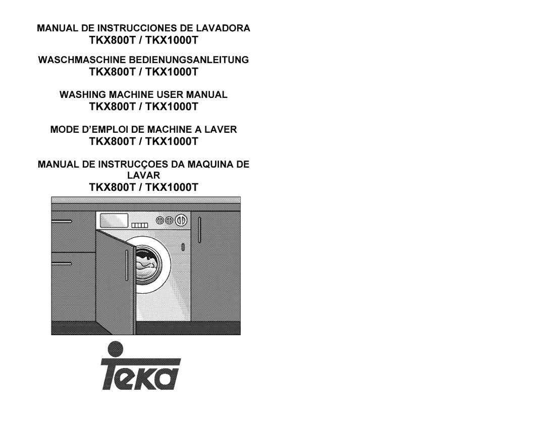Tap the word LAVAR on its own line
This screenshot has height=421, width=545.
click(143, 175)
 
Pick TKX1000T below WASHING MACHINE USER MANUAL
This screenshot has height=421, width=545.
click(172, 107)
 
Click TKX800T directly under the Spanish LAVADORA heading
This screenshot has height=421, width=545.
click(112, 40)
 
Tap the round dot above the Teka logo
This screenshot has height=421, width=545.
click(116, 349)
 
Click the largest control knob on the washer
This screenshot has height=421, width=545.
click(181, 220)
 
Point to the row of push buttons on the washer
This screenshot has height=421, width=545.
click(139, 225)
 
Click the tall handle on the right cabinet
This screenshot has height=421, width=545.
click(199, 230)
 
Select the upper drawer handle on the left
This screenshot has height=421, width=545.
click(62, 221)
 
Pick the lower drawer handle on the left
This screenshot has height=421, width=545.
click(62, 264)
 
